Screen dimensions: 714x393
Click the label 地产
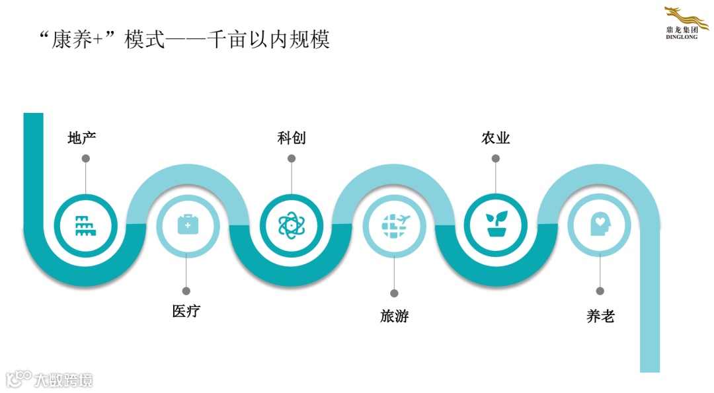pos(82,138)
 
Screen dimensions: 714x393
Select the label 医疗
pos(186,311)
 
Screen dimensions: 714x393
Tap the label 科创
pos(292,138)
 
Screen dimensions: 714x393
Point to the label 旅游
pos(394,316)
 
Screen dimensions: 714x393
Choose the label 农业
pos(496,138)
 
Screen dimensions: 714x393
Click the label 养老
pos(600,316)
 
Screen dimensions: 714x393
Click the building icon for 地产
pos(85,225)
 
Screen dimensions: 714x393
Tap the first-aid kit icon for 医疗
pos(188,225)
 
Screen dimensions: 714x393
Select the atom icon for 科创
pos(291,225)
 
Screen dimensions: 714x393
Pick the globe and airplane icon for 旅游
pos(395,225)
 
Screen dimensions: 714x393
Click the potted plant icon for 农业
pos(496,225)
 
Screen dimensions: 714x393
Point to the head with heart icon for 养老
pos(599,225)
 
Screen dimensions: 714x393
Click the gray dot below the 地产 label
pos(85,159)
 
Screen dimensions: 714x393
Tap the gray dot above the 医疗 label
pos(186,291)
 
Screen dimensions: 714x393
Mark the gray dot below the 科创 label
pos(292,159)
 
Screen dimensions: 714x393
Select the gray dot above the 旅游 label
pos(394,293)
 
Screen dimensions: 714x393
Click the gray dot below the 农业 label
pos(496,159)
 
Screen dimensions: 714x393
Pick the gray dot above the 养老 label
pos(600,291)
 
